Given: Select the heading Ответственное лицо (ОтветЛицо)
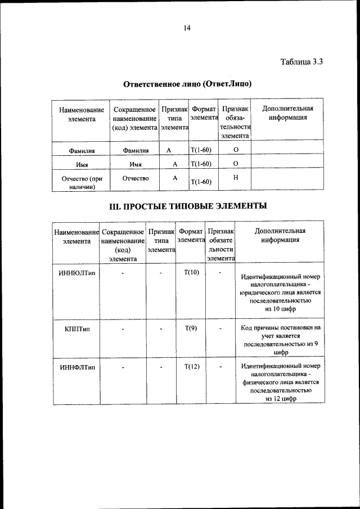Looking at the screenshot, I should pyautogui.click(x=187, y=84).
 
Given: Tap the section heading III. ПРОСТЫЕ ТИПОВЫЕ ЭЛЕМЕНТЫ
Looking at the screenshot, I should pyautogui.click(x=187, y=206).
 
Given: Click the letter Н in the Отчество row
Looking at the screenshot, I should pyautogui.click(x=235, y=178).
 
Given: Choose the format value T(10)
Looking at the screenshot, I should pyautogui.click(x=191, y=273).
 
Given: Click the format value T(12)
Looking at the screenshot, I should pyautogui.click(x=191, y=367).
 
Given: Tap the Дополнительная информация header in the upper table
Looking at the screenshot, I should pyautogui.click(x=287, y=113).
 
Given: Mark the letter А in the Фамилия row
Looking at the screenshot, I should pyautogui.click(x=169, y=150).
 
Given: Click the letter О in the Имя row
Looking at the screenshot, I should pyautogui.click(x=235, y=163).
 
